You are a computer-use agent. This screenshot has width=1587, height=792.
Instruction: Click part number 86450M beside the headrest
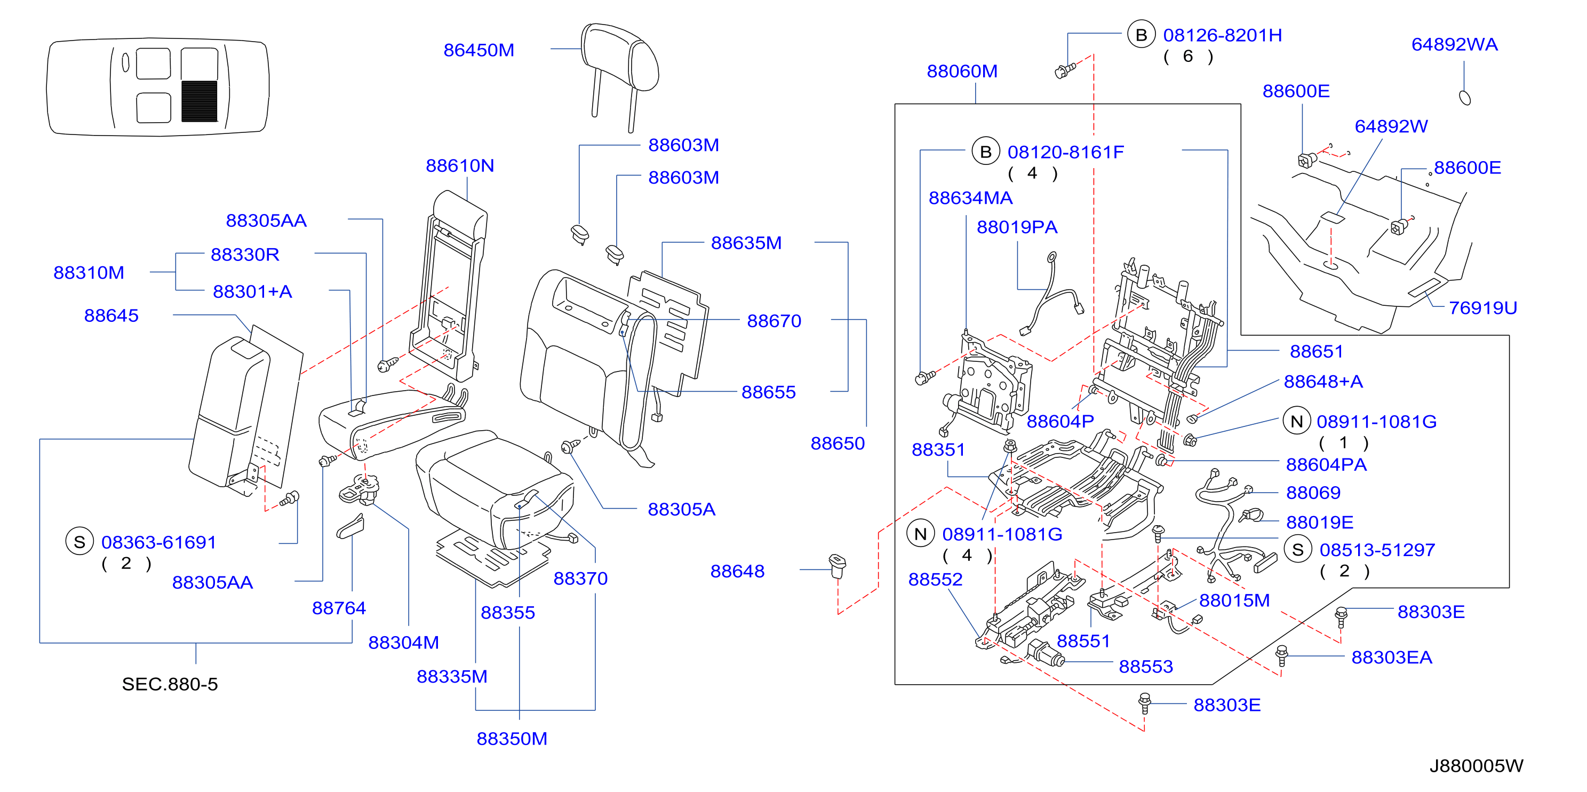479,50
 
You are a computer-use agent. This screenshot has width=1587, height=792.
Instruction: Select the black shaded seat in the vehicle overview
200,101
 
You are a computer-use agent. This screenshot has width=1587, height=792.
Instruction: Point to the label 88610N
460,165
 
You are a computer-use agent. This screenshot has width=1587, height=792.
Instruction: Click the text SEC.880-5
170,684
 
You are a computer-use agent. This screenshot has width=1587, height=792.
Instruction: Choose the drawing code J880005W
1476,765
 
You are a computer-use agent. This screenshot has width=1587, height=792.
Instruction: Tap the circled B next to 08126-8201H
1141,35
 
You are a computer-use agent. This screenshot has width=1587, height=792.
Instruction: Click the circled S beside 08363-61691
79,541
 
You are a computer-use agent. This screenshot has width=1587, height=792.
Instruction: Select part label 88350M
512,739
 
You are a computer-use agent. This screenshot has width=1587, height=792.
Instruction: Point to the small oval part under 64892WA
1465,97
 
